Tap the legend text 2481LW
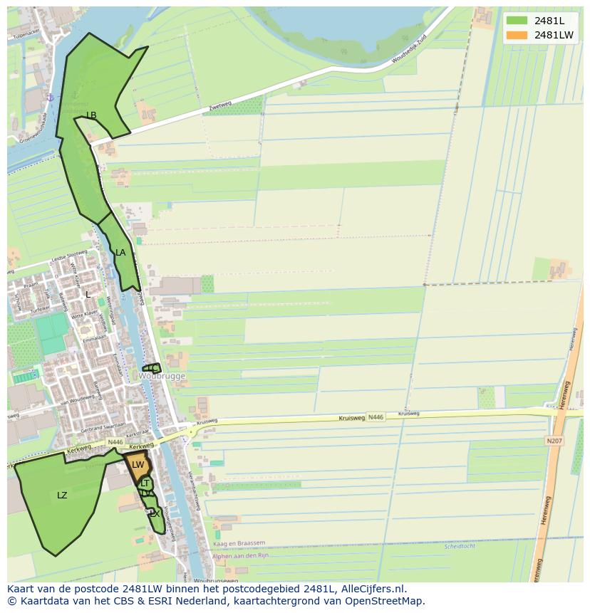click(x=554, y=35)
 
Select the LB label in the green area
click(x=91, y=115)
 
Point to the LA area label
click(x=120, y=253)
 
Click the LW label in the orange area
click(x=138, y=465)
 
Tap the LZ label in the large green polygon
click(x=62, y=496)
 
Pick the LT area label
click(x=145, y=483)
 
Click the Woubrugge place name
click(x=162, y=376)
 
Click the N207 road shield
click(x=554, y=441)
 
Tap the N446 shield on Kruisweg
click(x=376, y=417)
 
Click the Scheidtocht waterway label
click(x=459, y=547)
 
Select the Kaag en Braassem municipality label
click(x=239, y=543)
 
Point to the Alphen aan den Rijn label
click(x=240, y=555)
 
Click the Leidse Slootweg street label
click(x=68, y=256)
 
